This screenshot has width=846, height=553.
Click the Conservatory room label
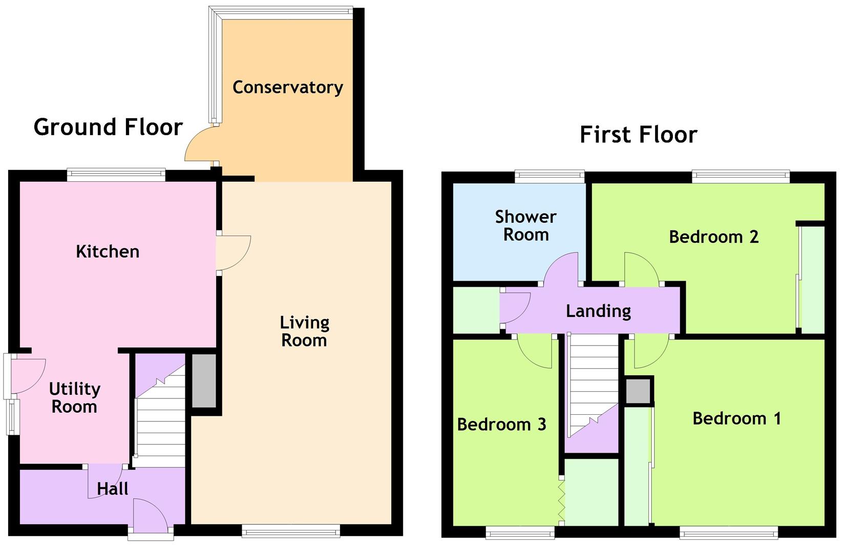tap(287, 88)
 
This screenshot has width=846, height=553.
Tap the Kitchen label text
tap(108, 251)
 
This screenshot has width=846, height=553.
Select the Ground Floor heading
tap(108, 127)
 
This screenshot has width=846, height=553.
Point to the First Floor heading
tap(638, 135)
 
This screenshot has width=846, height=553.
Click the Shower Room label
tap(525, 226)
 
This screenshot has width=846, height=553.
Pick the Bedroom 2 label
tap(713, 237)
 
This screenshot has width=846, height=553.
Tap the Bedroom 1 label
tap(736, 418)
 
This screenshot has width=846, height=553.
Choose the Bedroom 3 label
tap(501, 424)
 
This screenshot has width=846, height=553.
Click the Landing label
tap(598, 311)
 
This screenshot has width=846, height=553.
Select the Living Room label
tap(304, 331)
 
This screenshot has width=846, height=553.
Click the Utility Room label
tap(74, 398)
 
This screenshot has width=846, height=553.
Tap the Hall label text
tap(112, 489)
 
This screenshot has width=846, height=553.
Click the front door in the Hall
tap(151, 518)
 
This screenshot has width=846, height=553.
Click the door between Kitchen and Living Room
tap(233, 253)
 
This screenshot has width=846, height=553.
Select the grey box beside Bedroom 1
tap(638, 392)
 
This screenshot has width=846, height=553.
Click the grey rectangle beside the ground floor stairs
tap(204, 380)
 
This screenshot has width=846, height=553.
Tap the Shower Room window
tap(549, 176)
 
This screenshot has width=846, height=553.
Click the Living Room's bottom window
tap(290, 532)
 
